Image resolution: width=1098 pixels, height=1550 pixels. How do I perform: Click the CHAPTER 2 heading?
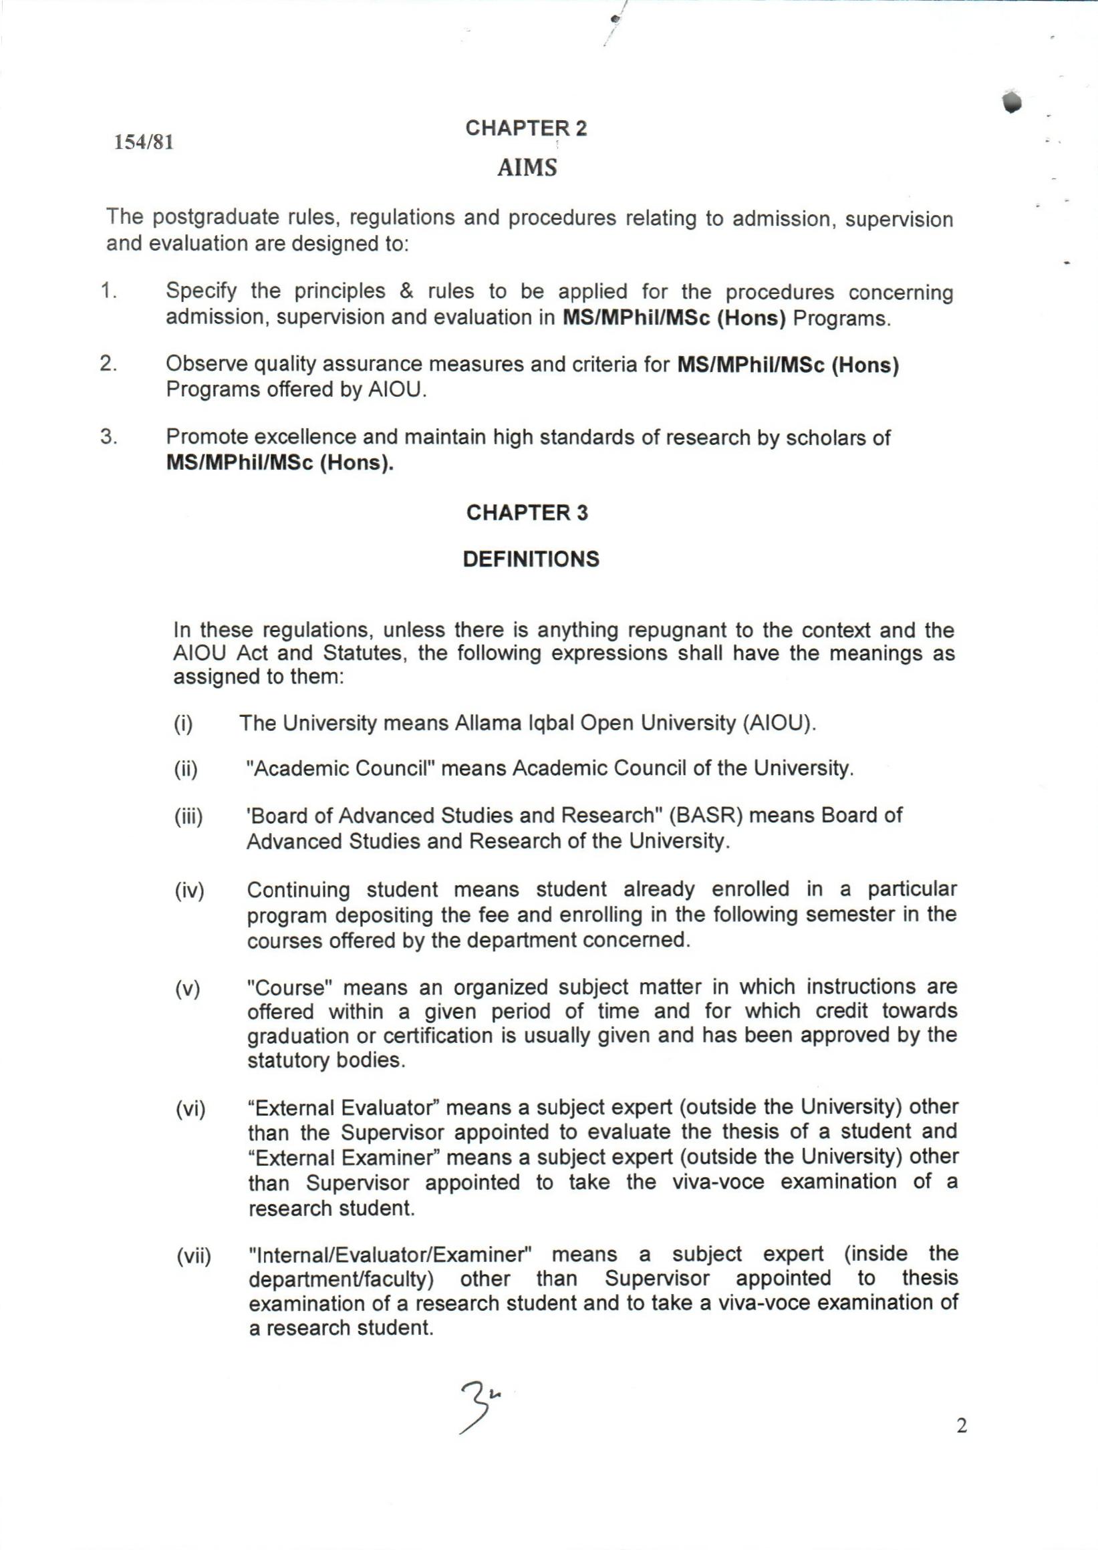[526, 128]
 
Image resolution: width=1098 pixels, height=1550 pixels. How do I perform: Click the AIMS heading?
[527, 168]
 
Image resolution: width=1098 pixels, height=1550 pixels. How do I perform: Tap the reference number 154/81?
[144, 142]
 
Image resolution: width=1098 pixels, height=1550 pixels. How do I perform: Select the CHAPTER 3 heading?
[527, 513]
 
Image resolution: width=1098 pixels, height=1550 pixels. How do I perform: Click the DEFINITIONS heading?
[531, 559]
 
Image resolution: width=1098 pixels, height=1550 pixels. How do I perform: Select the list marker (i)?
[183, 724]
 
